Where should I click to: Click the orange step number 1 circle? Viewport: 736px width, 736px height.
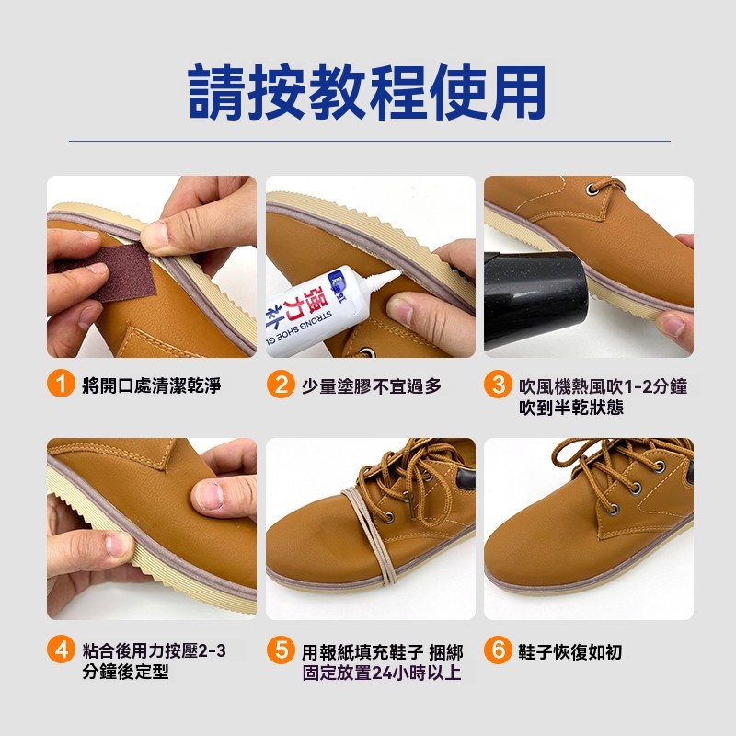pyautogui.click(x=61, y=384)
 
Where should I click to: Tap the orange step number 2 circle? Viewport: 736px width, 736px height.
pyautogui.click(x=281, y=384)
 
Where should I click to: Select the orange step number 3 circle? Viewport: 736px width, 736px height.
pyautogui.click(x=498, y=384)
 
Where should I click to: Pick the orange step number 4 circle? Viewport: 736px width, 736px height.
pyautogui.click(x=61, y=650)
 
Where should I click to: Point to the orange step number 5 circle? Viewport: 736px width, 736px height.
pyautogui.click(x=281, y=650)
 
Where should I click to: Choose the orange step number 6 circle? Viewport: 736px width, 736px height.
pyautogui.click(x=498, y=650)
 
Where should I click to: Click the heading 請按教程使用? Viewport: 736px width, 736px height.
pyautogui.click(x=367, y=92)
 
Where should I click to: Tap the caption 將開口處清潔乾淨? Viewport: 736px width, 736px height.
pyautogui.click(x=152, y=385)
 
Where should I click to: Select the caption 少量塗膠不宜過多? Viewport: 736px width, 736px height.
pyautogui.click(x=372, y=385)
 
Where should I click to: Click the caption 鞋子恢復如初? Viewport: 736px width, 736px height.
pyautogui.click(x=570, y=652)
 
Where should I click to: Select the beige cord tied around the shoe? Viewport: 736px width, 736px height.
pyautogui.click(x=372, y=535)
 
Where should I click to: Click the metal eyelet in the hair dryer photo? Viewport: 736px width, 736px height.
pyautogui.click(x=592, y=190)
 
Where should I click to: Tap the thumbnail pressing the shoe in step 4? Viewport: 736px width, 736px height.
pyautogui.click(x=210, y=495)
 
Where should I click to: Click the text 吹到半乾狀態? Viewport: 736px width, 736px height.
pyautogui.click(x=571, y=407)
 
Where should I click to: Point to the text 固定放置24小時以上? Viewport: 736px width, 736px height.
pyautogui.click(x=382, y=673)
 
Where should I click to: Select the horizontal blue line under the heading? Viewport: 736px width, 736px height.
pyautogui.click(x=370, y=141)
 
